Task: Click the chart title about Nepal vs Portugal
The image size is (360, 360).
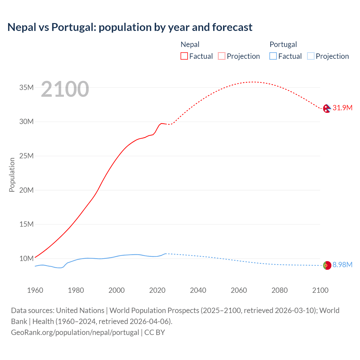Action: click(x=130, y=27)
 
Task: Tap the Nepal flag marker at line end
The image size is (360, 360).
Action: click(x=327, y=108)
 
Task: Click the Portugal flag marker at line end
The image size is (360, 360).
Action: click(x=327, y=265)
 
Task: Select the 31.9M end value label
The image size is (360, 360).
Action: click(x=342, y=108)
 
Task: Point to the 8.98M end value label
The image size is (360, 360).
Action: click(x=342, y=265)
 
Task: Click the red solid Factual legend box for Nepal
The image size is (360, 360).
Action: click(x=184, y=56)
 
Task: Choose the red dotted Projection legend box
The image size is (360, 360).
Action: click(x=222, y=56)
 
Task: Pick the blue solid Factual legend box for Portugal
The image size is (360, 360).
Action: click(x=273, y=56)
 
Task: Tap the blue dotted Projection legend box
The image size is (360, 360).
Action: click(x=311, y=56)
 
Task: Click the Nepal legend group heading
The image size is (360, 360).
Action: click(x=190, y=44)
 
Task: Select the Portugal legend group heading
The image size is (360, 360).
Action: click(x=283, y=44)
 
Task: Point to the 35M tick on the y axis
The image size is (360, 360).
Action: click(x=26, y=88)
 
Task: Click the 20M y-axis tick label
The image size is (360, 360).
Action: click(x=26, y=190)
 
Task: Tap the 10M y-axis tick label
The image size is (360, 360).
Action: click(x=26, y=258)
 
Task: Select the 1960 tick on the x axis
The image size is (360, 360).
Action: click(x=35, y=290)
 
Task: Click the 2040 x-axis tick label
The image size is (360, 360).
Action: click(x=198, y=290)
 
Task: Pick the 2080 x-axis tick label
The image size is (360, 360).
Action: click(x=280, y=290)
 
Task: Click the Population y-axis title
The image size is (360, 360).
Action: click(x=12, y=175)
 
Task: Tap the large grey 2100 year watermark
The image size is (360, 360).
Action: click(x=65, y=89)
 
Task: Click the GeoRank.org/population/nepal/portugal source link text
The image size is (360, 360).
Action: click(x=75, y=332)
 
